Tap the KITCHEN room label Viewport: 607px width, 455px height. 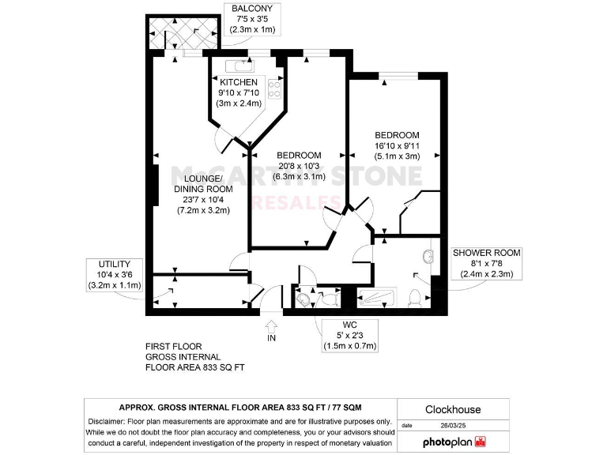click(239, 82)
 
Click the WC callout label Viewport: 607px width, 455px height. click(349, 325)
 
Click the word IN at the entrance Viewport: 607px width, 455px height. click(272, 338)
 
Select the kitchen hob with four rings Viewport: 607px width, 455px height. click(274, 87)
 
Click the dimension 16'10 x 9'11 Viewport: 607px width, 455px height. click(397, 145)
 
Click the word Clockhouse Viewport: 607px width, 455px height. click(453, 409)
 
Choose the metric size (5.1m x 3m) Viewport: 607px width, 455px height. click(397, 156)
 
